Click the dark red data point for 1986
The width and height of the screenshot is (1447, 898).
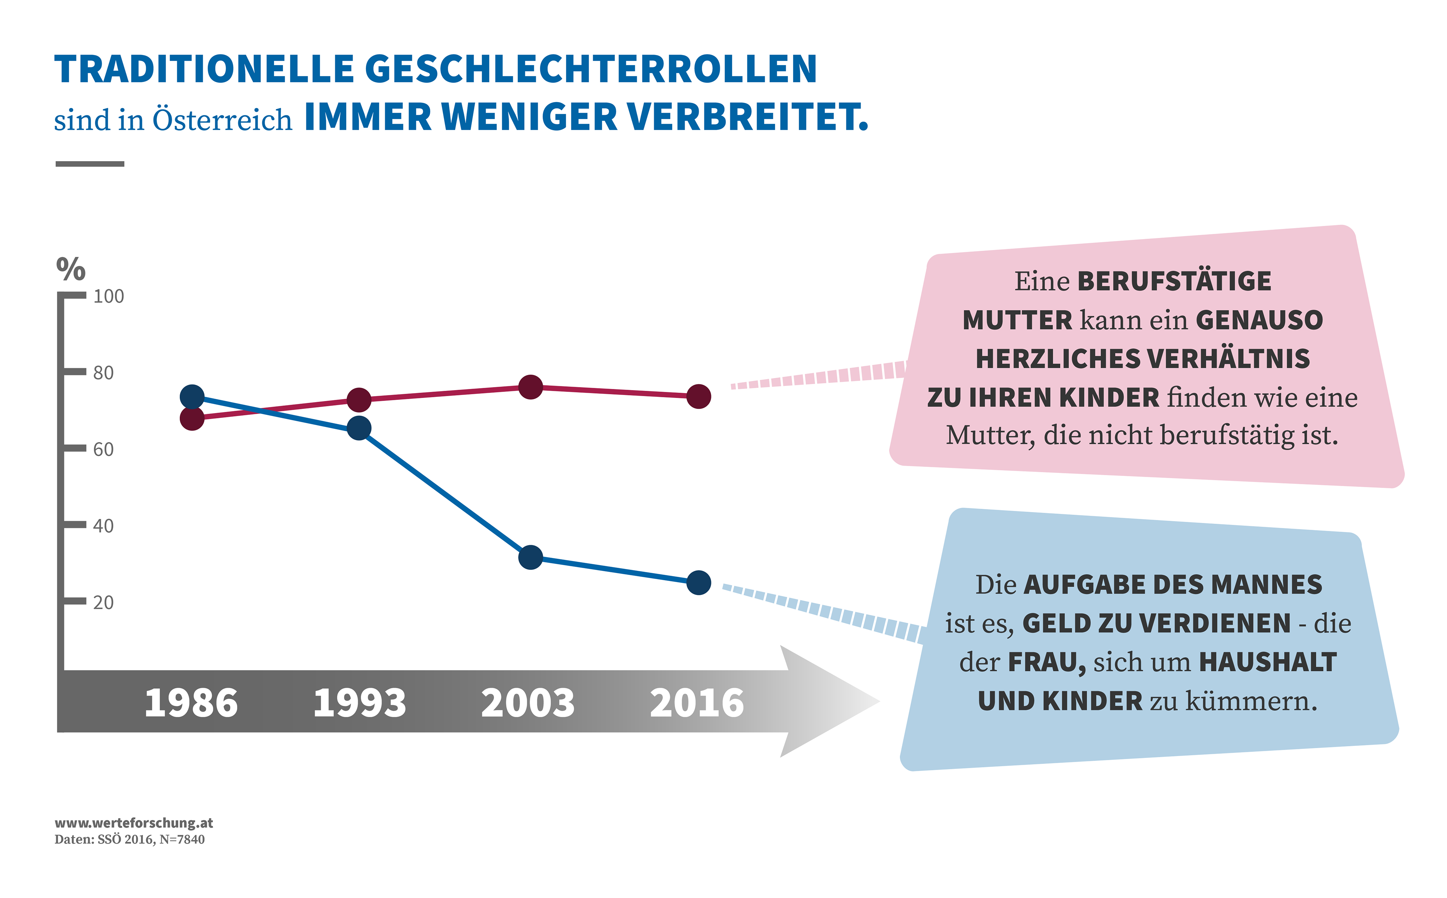(192, 419)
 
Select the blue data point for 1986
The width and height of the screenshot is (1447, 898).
(192, 397)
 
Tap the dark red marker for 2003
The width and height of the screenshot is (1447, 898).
(531, 387)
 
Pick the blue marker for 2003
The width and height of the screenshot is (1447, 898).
(531, 558)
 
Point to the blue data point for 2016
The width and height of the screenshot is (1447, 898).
(699, 582)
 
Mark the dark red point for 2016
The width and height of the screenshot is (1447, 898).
(699, 397)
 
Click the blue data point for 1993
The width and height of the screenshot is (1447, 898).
(359, 428)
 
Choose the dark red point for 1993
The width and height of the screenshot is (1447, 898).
(359, 400)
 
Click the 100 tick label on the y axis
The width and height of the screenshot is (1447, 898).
(109, 296)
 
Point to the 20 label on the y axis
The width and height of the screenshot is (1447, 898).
(103, 603)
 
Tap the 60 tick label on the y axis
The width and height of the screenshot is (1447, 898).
(103, 450)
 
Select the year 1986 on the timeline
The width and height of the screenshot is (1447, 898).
(191, 703)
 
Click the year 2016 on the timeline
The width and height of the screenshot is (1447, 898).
(697, 703)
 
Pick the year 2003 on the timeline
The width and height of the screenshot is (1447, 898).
(528, 703)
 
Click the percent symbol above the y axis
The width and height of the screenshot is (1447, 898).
(71, 269)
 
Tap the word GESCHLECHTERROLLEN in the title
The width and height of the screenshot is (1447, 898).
(591, 70)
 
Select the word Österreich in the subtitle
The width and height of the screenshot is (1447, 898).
(222, 120)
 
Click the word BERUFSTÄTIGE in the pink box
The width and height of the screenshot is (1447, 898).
(1174, 282)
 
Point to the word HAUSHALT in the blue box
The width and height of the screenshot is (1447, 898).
(1268, 663)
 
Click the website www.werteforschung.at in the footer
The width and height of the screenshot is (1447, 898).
(134, 823)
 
